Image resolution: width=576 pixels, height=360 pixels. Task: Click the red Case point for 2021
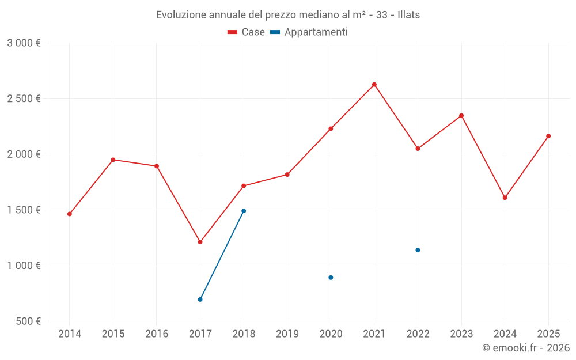click(x=374, y=85)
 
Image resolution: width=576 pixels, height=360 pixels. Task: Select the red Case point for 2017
click(x=200, y=242)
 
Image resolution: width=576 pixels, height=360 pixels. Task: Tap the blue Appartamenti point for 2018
click(x=244, y=211)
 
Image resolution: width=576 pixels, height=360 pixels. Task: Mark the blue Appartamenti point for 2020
click(x=331, y=278)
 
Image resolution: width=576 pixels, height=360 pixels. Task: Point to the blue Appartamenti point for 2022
click(x=418, y=250)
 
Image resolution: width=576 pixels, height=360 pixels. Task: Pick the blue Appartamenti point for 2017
click(x=200, y=300)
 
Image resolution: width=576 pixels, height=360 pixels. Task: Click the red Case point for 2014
click(x=70, y=214)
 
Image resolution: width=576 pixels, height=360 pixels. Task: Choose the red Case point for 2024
click(x=505, y=198)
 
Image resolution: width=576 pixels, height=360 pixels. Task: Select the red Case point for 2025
click(x=548, y=136)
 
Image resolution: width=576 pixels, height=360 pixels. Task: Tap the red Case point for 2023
click(x=461, y=115)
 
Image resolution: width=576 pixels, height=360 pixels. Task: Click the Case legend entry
click(x=247, y=32)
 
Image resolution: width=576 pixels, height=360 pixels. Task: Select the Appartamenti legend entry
click(x=309, y=32)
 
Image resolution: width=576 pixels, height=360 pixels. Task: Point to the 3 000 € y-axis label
click(x=24, y=43)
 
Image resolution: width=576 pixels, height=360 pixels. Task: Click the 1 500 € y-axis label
click(x=24, y=210)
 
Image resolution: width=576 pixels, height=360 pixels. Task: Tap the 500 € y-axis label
click(x=28, y=321)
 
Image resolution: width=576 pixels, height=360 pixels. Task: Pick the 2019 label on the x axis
click(x=287, y=334)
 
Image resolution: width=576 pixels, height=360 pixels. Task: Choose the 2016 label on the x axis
click(x=157, y=334)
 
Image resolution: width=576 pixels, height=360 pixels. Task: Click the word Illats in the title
click(x=408, y=15)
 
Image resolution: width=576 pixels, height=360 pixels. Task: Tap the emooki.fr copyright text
click(x=525, y=348)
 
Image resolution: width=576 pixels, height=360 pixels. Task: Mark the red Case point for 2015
click(x=113, y=160)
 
